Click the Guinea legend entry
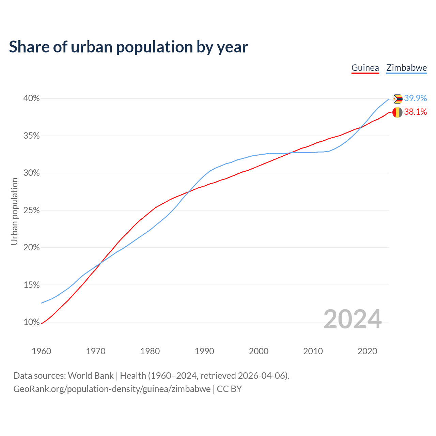click(365, 68)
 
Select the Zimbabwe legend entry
click(406, 68)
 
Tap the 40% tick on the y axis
click(31, 98)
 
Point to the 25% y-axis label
click(31, 210)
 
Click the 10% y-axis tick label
click(31, 322)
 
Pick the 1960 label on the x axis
click(41, 351)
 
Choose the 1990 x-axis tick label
click(204, 351)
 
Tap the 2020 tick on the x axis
click(367, 351)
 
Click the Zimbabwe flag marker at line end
click(398, 99)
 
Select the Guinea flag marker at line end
click(398, 112)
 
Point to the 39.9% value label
click(416, 98)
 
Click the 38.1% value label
click(416, 112)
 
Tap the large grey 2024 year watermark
click(353, 319)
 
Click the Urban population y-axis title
click(14, 211)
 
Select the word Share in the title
click(29, 47)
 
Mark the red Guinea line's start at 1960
click(42, 324)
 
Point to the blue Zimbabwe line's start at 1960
click(42, 303)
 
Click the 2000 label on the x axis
click(259, 351)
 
